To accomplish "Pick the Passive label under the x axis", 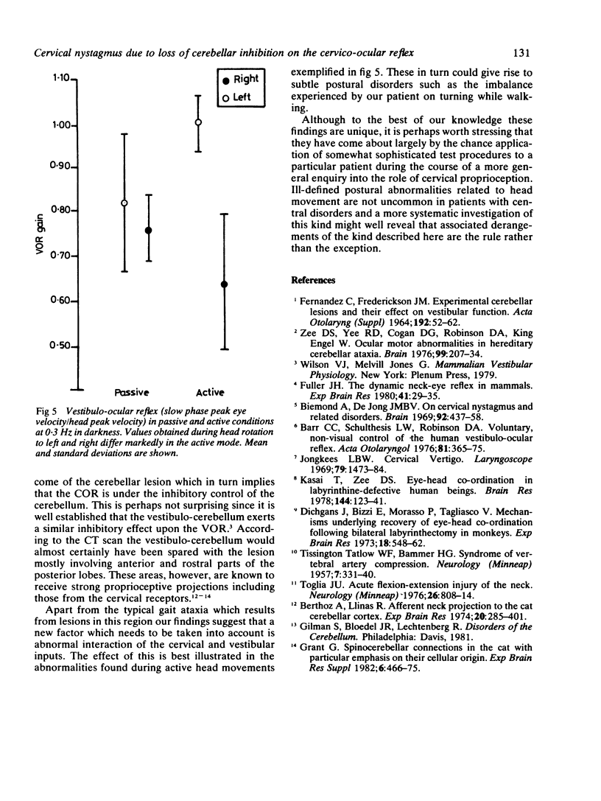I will coord(133,392).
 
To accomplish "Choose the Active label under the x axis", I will coord(211,392).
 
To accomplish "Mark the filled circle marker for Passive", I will coord(149,230).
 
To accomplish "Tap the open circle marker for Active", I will coord(198,122).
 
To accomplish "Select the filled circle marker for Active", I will coord(224,284).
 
